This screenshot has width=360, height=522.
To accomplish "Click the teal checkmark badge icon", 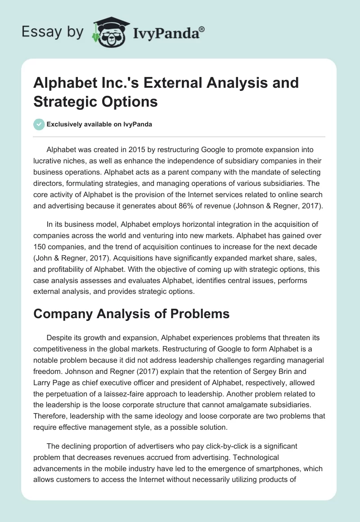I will click(x=39, y=124).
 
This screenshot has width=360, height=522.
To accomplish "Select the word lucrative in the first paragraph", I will click(x=49, y=161).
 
